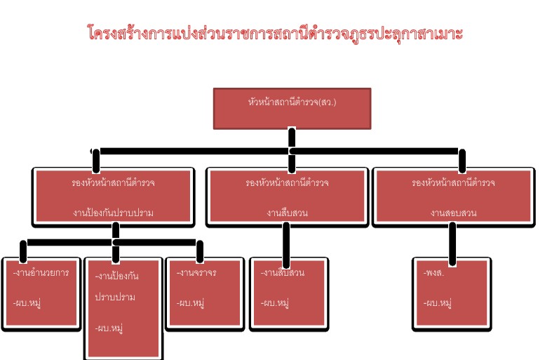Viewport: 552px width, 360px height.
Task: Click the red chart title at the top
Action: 276,33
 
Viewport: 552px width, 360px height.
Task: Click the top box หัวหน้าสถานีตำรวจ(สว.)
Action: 292,102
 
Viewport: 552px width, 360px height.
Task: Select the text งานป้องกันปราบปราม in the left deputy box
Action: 113,213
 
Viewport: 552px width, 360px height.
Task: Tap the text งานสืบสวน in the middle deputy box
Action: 288,213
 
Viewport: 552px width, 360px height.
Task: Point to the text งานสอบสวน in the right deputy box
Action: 453,213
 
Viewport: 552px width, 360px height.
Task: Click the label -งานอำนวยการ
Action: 41,273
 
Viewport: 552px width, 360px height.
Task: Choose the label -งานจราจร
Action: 196,273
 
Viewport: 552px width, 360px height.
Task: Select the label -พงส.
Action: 435,273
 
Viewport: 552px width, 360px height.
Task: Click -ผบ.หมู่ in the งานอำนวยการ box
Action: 28,303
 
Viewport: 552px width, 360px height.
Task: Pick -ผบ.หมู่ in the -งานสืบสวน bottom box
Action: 275,303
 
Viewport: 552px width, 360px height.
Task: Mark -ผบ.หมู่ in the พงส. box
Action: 438,303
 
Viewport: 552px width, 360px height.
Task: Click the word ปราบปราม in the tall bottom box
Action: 115,297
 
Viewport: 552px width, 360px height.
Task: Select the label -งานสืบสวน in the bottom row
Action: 282,273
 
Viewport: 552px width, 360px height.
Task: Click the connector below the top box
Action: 292,138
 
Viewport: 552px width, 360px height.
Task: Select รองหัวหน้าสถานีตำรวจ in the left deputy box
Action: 113,182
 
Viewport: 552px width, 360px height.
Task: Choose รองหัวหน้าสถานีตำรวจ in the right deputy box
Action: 453,182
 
